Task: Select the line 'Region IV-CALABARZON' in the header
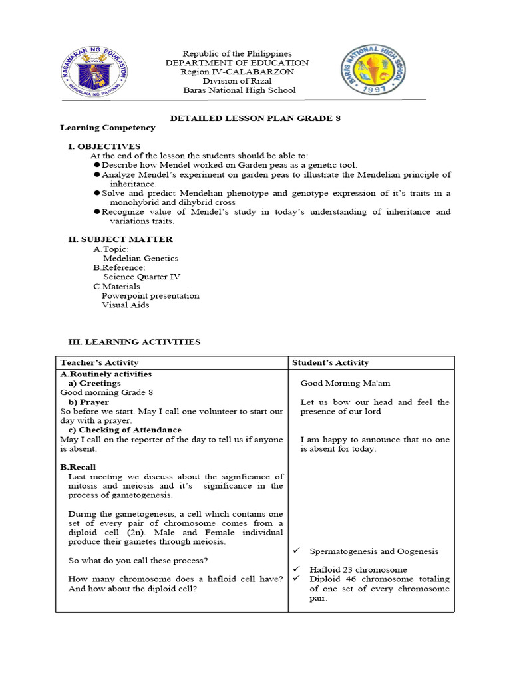(238, 72)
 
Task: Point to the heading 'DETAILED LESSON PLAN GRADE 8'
(255, 118)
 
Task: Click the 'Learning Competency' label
(108, 128)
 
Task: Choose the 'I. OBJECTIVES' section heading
(104, 146)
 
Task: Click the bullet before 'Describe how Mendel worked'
(96, 165)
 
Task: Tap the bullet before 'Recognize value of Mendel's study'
(96, 212)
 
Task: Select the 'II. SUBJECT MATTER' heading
(120, 239)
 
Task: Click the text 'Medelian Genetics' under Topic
(140, 258)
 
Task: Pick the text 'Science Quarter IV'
(142, 277)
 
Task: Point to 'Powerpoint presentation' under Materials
(150, 295)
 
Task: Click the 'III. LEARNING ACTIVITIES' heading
(134, 342)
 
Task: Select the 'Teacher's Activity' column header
(99, 362)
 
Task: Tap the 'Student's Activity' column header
(331, 362)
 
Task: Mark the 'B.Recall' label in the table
(79, 467)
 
